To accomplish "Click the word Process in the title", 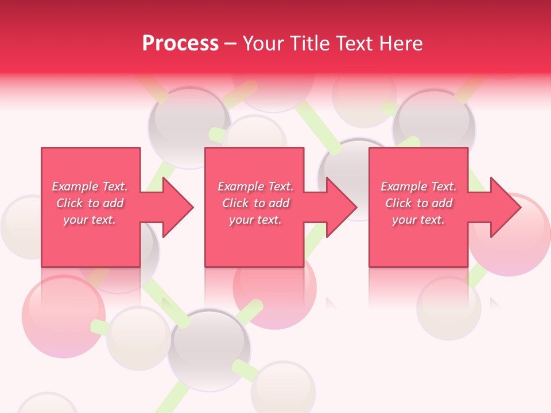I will (180, 44).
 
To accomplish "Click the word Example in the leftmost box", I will (75, 186).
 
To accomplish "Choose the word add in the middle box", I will (279, 203).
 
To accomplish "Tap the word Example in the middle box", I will (240, 186).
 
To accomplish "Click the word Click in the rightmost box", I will (398, 203).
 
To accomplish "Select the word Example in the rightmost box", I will (403, 186).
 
